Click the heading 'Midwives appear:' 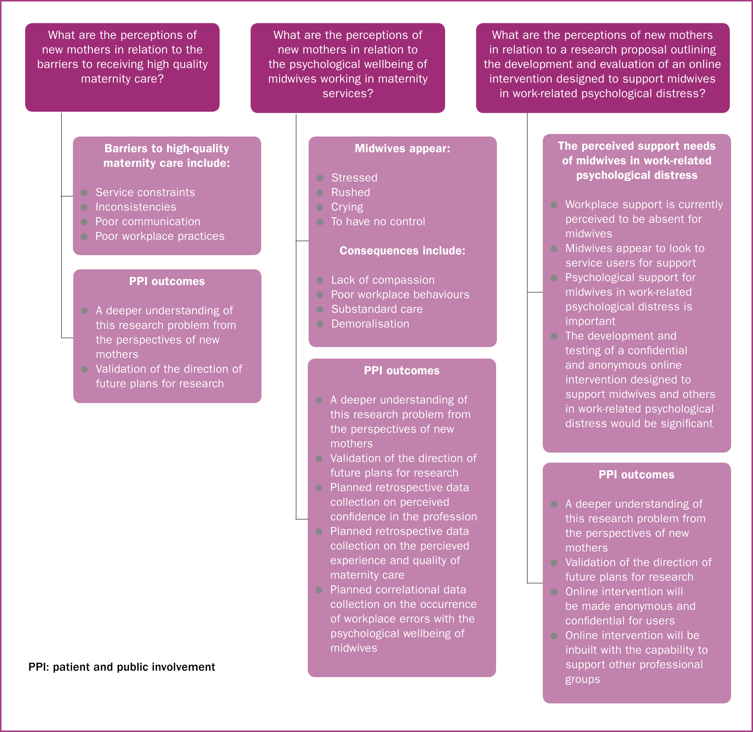click(402, 148)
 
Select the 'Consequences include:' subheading click(402, 251)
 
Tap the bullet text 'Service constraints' click(145, 192)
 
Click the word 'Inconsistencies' click(136, 207)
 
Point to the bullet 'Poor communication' click(148, 221)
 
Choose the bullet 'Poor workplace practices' click(160, 236)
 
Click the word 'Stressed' click(354, 178)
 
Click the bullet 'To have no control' click(378, 221)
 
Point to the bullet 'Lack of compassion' click(383, 280)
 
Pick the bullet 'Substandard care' click(377, 309)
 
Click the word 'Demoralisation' click(370, 324)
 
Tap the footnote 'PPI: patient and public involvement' click(121, 667)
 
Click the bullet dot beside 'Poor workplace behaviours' click(320, 295)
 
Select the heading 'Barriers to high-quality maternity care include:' click(167, 156)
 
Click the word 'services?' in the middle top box click(348, 93)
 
